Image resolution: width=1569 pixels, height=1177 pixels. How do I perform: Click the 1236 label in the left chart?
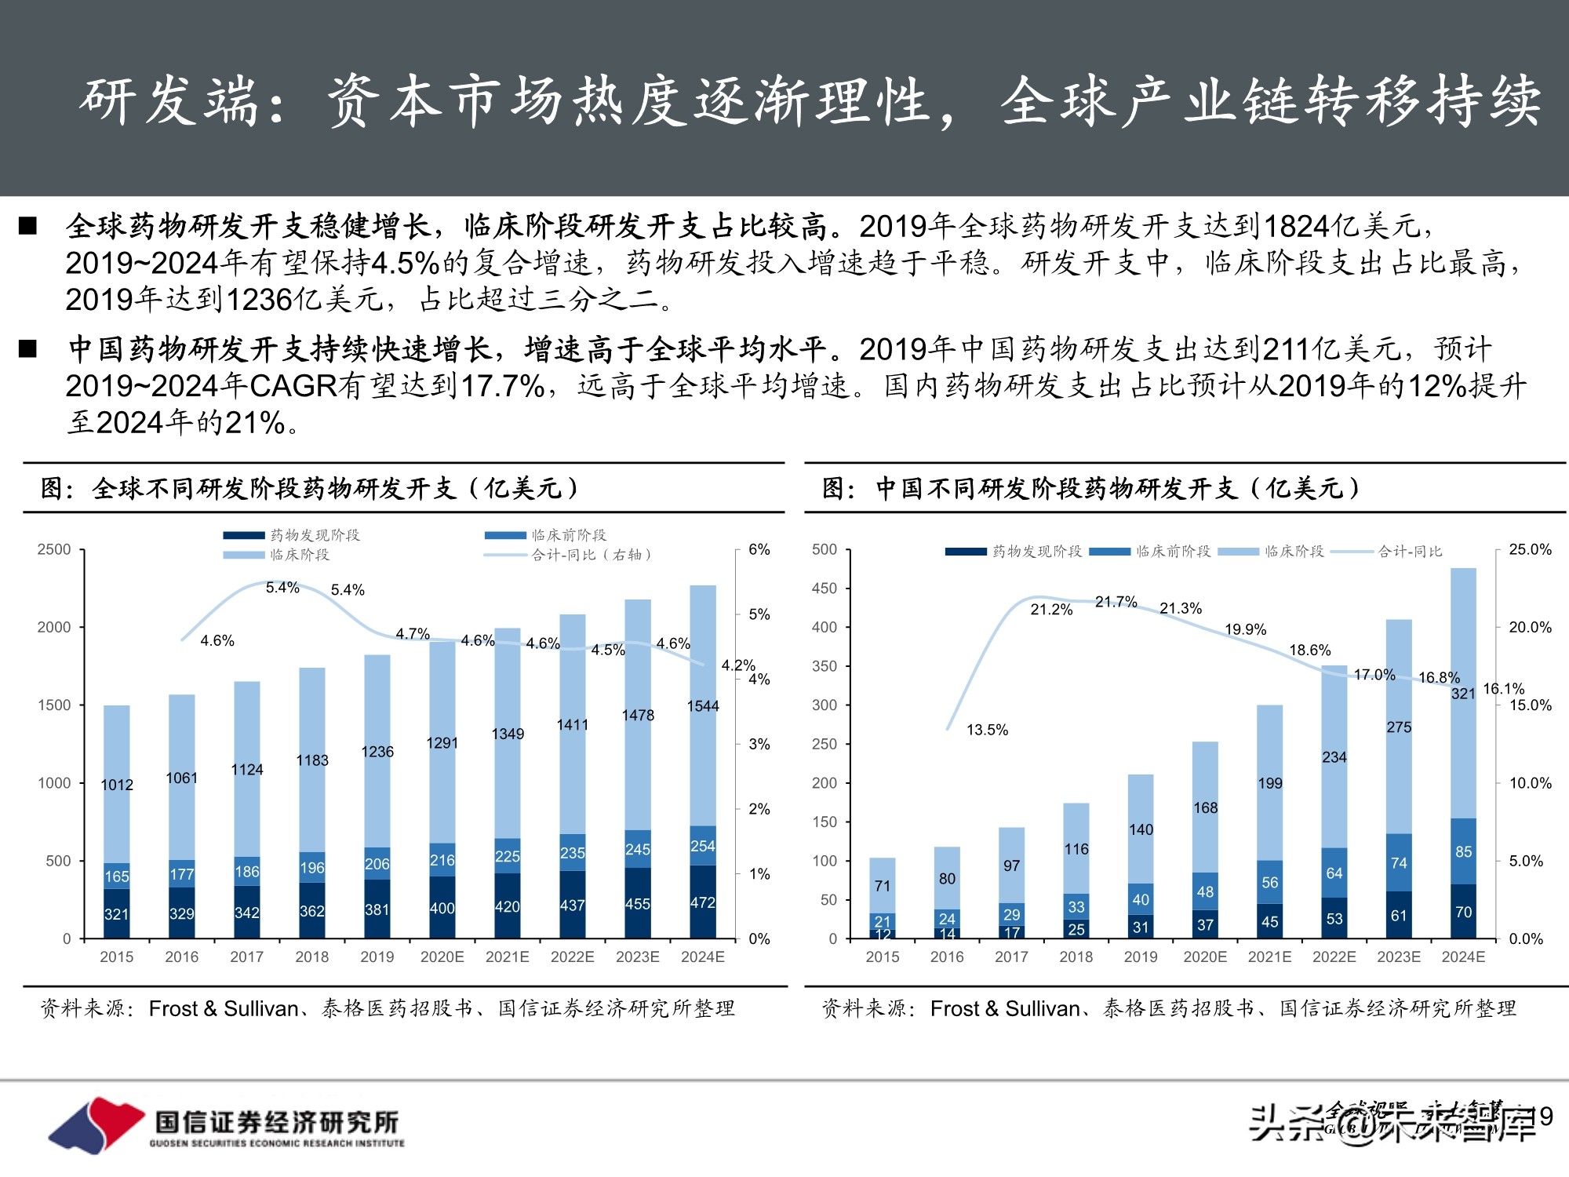(377, 752)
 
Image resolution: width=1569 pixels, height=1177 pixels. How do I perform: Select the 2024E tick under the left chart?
(702, 957)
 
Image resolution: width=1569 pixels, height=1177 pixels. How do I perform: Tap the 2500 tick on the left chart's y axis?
(54, 549)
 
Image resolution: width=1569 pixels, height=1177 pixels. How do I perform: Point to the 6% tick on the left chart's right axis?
(759, 549)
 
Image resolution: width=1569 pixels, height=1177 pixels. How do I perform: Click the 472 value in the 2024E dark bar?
(702, 902)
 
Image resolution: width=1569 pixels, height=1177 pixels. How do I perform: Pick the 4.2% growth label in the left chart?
(737, 665)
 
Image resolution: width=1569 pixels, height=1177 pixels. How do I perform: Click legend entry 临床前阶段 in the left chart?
(569, 535)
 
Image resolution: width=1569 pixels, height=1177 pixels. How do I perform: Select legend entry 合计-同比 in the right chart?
(1410, 552)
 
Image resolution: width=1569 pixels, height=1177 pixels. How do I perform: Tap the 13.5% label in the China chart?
(987, 730)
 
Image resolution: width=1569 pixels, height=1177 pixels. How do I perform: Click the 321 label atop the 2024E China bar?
(1463, 693)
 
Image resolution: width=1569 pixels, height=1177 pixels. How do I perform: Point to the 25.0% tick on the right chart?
(1530, 549)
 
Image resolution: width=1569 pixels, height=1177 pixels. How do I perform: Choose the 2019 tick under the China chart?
(1140, 957)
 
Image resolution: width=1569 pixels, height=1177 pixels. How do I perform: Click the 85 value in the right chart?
(1463, 851)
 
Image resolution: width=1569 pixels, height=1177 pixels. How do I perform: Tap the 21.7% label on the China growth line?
(1116, 602)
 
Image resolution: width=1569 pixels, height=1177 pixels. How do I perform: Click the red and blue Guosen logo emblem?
(96, 1124)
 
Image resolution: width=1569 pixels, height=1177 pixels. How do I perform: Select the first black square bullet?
(28, 227)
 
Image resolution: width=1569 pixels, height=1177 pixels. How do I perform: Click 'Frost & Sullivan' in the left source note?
(224, 1008)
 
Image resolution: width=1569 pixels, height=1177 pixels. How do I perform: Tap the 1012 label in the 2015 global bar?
(117, 785)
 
